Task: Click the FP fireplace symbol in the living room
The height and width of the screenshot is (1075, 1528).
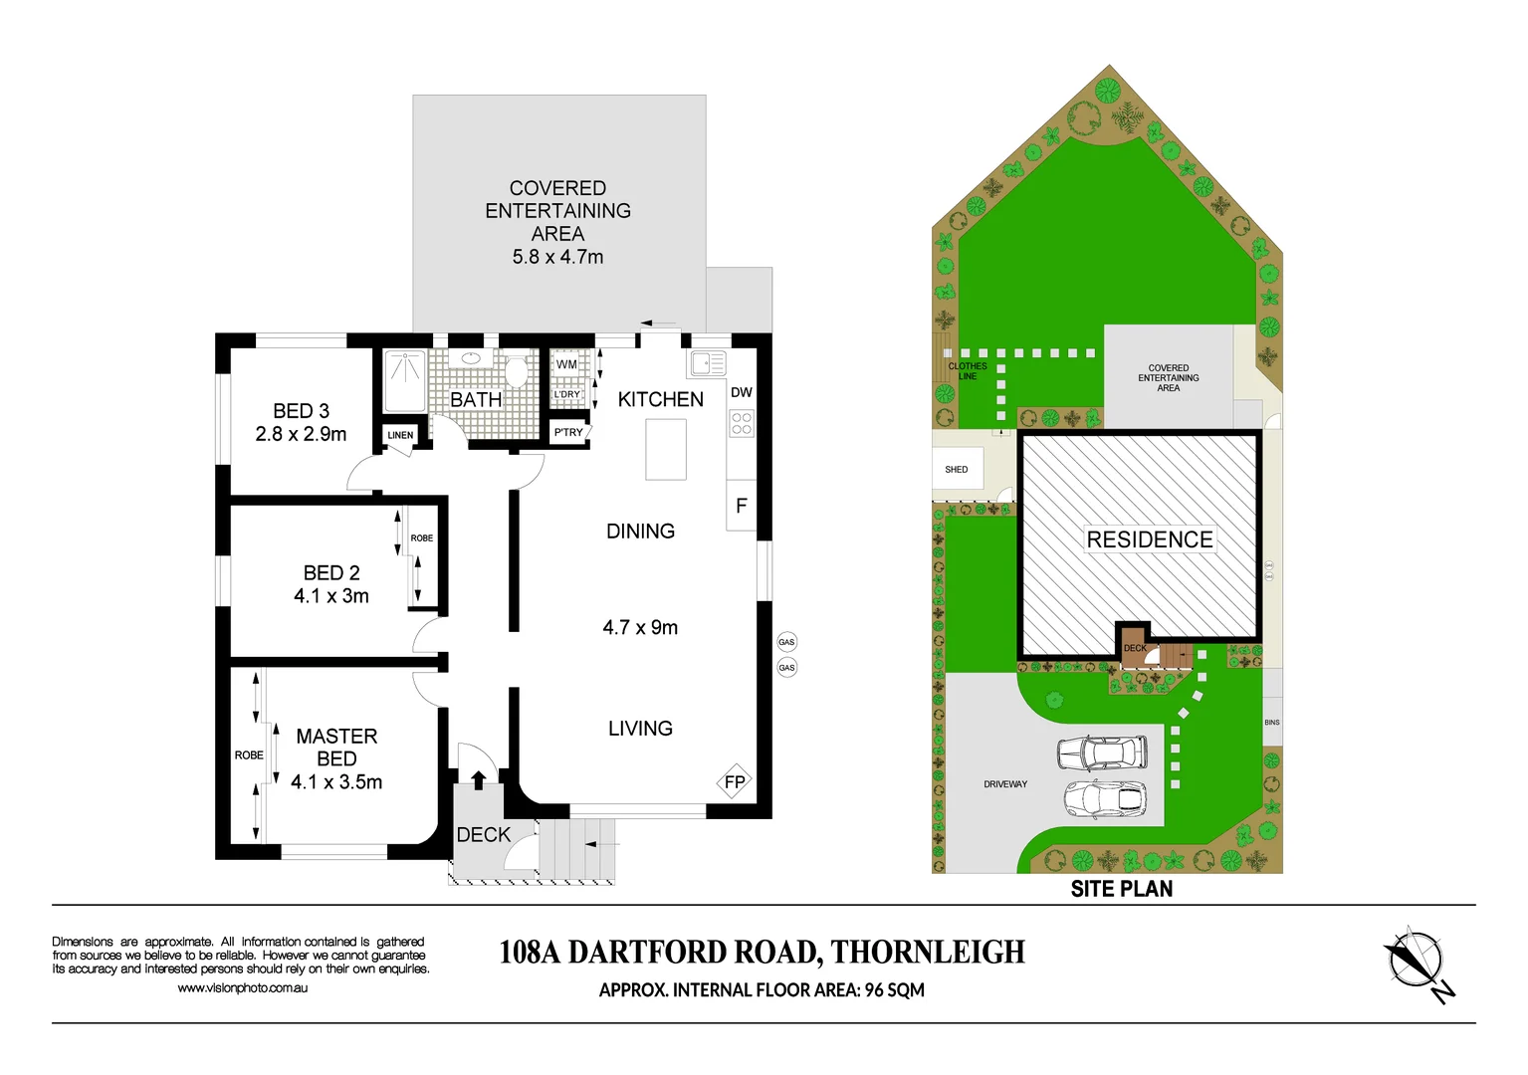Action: [x=735, y=782]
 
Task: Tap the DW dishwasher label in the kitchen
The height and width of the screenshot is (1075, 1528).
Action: [x=742, y=392]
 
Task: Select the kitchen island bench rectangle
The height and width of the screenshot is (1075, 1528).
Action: [x=666, y=449]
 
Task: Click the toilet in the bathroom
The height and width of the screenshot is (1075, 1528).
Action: [x=516, y=371]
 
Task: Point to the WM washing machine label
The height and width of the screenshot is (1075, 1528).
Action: [x=566, y=364]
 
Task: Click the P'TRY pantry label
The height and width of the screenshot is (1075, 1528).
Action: [x=568, y=432]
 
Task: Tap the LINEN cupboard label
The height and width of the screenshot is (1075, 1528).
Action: [x=400, y=435]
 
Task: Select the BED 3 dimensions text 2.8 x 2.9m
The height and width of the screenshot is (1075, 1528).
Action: [x=301, y=434]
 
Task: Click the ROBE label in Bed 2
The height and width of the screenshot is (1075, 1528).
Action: [x=422, y=538]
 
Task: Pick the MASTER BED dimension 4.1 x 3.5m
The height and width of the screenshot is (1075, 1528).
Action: [x=336, y=782]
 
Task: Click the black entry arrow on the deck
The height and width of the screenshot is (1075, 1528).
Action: [x=478, y=779]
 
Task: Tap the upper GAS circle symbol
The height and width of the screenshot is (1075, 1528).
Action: [x=786, y=642]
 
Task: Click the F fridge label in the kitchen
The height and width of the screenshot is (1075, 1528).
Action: [x=742, y=506]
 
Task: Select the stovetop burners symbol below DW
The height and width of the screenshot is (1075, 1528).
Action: [x=742, y=424]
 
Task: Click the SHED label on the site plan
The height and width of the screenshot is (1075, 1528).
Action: [x=957, y=470]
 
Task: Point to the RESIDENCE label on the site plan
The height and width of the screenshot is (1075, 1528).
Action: [x=1150, y=539]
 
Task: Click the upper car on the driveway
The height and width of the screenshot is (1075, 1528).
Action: [x=1102, y=752]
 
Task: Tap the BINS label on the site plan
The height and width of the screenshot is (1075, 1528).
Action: [x=1272, y=723]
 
